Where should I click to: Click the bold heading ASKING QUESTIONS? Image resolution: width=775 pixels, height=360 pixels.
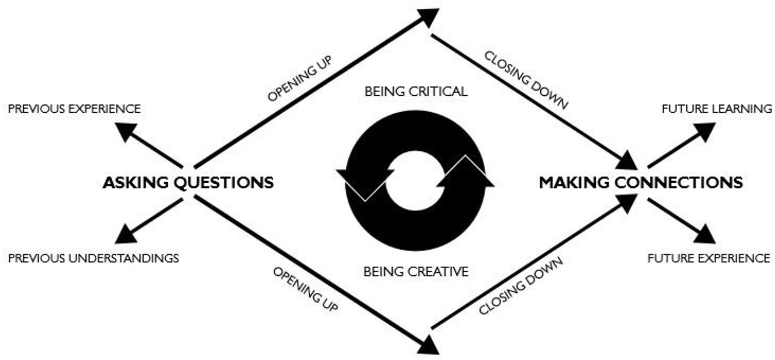tap(188, 182)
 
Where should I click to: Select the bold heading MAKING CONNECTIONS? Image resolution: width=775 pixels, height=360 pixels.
tap(640, 182)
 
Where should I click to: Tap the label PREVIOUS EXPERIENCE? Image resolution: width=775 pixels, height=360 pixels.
tap(74, 109)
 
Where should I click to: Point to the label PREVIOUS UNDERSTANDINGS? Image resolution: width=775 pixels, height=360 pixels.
tap(93, 258)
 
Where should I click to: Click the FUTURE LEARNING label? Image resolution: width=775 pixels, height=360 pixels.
tap(716, 109)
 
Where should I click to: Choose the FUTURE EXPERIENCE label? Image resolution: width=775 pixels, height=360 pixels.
tap(709, 258)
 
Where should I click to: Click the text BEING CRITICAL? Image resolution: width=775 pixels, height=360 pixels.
tap(416, 91)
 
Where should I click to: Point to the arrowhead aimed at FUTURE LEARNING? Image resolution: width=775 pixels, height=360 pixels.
tap(704, 131)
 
